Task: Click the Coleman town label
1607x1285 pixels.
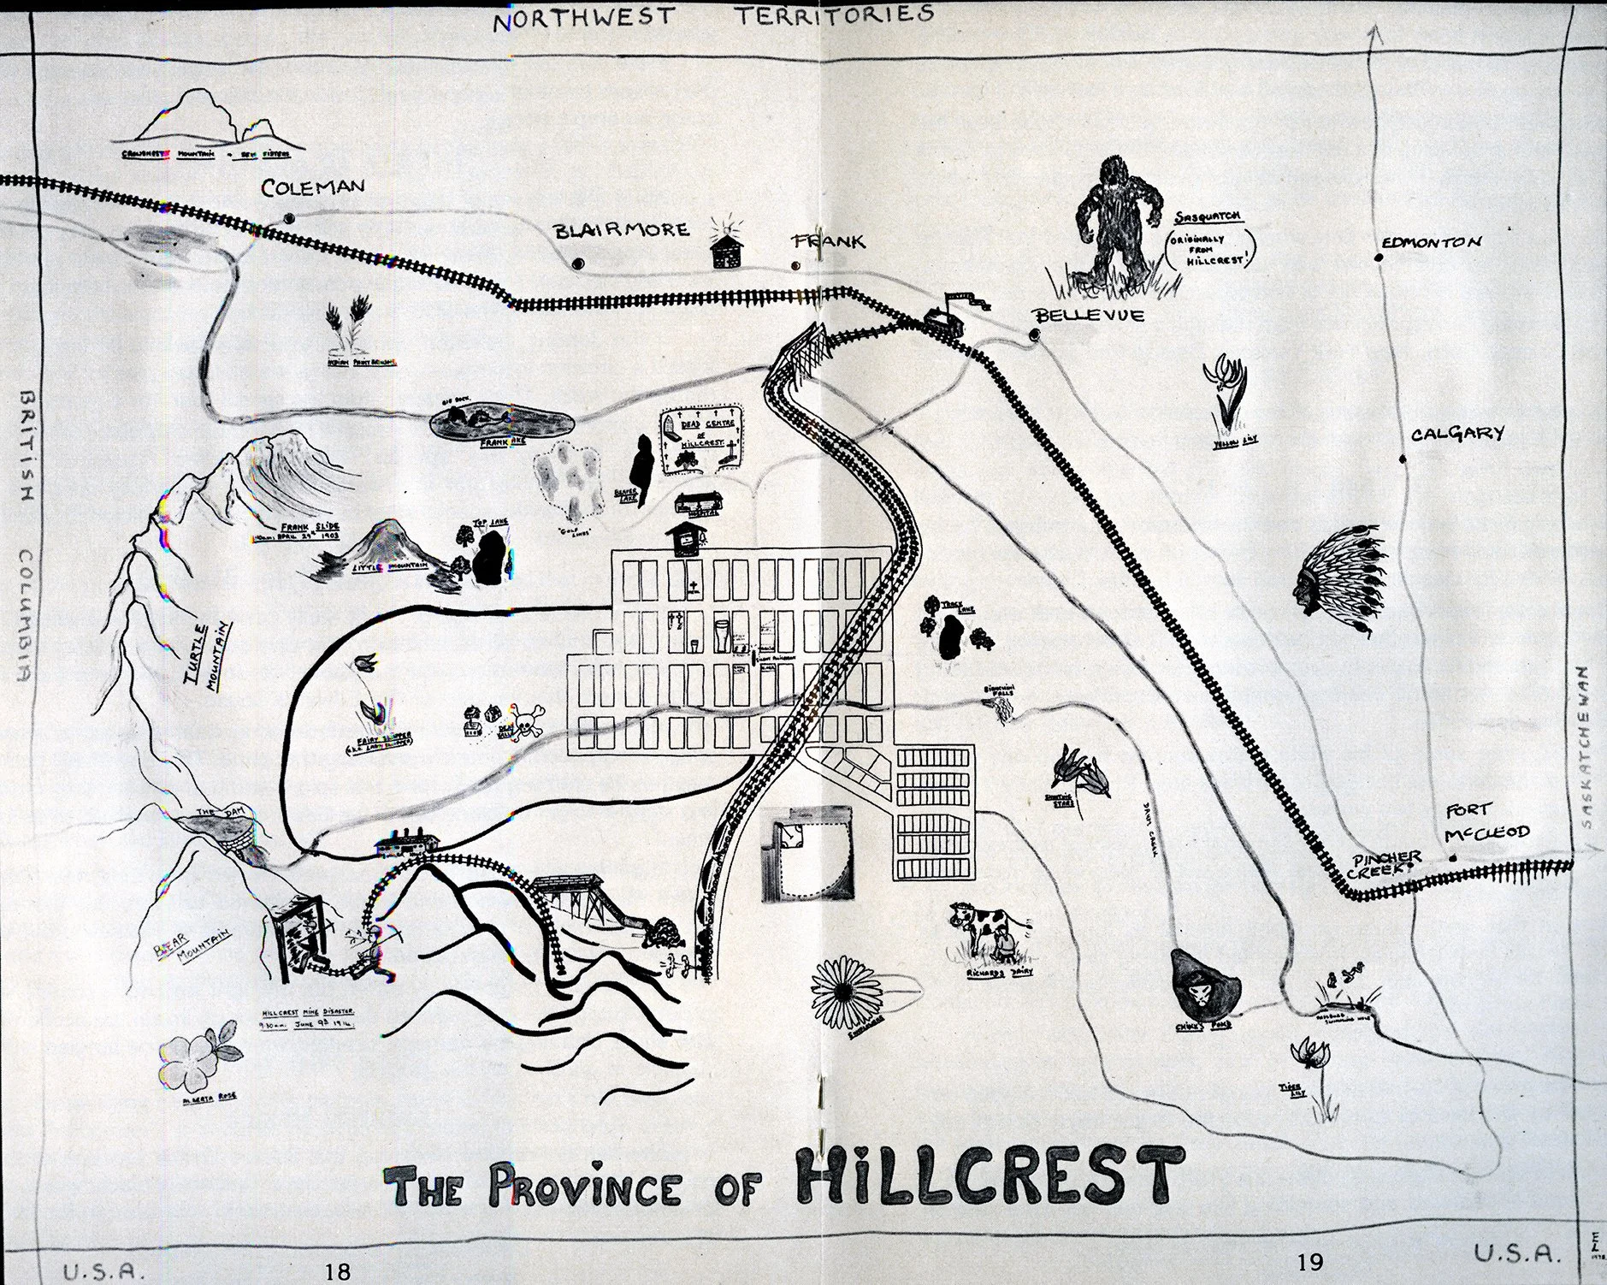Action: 313,187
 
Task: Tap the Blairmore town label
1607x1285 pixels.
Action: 621,230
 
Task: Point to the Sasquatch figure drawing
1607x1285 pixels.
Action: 1115,221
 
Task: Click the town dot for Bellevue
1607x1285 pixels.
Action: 1036,335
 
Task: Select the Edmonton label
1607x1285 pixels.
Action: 1431,242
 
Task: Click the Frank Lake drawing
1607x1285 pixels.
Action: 502,422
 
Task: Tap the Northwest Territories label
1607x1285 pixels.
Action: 712,15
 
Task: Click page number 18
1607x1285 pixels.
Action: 339,1271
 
